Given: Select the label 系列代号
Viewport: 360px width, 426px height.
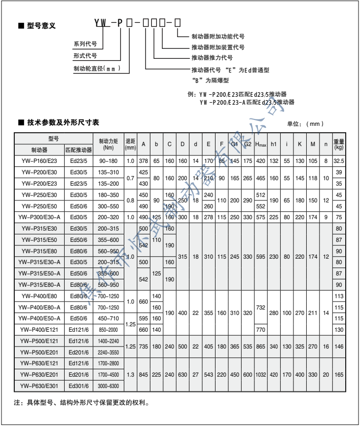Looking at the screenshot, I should tap(84, 43).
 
